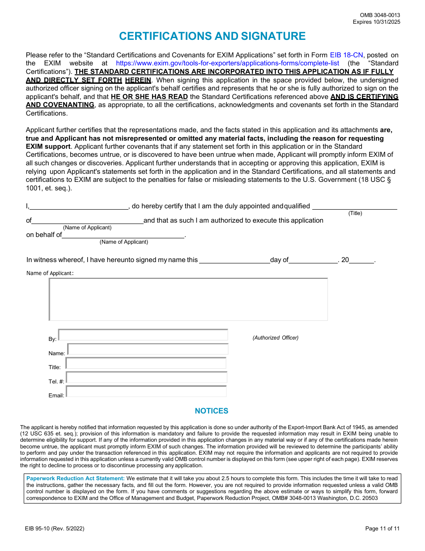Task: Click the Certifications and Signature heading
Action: (212, 36)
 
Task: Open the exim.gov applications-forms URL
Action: (227, 64)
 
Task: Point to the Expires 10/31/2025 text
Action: (376, 22)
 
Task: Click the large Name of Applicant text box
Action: (188, 299)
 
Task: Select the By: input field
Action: (143, 335)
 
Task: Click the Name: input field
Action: (148, 349)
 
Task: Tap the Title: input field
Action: (146, 363)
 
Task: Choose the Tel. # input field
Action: (146, 378)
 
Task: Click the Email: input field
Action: (146, 392)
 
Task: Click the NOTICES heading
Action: (212, 411)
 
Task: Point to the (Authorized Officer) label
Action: (275, 338)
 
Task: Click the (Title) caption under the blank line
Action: (355, 214)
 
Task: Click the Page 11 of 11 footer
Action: (382, 529)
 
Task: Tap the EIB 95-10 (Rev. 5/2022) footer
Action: (55, 529)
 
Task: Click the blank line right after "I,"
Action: (79, 207)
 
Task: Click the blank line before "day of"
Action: (234, 260)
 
